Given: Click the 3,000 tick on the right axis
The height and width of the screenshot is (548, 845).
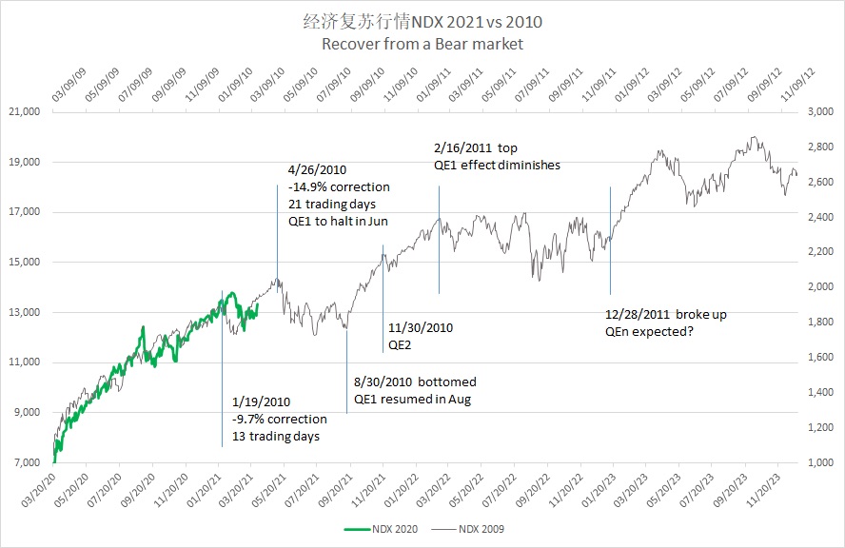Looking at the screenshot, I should [806, 112].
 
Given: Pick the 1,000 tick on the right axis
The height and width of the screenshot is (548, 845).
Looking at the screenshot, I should [806, 462].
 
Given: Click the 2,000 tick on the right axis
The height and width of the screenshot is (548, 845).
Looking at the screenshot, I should [806, 287].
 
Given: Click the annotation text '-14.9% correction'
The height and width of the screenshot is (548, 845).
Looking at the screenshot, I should [332, 186].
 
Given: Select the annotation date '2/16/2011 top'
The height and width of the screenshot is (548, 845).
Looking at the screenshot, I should [475, 148].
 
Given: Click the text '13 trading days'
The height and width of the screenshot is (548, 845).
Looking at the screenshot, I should [276, 436].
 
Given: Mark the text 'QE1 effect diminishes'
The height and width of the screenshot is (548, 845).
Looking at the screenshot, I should [496, 165].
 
